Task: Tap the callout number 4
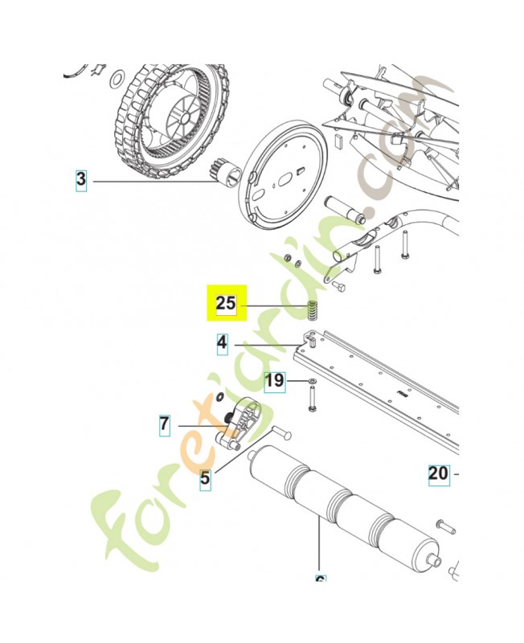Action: click(x=222, y=344)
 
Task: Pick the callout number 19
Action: click(x=275, y=379)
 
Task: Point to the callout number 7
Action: click(x=164, y=424)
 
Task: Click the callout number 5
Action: click(x=205, y=479)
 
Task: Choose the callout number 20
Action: click(x=438, y=473)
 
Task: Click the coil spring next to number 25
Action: click(x=311, y=309)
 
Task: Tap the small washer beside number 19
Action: click(x=311, y=379)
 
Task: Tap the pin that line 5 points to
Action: click(x=280, y=432)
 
